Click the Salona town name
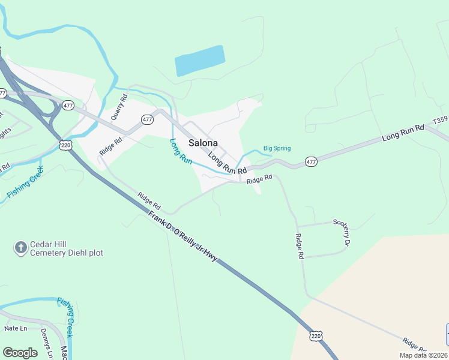pyautogui.click(x=203, y=143)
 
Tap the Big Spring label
pyautogui.click(x=277, y=149)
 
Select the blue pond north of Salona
pyautogui.click(x=199, y=61)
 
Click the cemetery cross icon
pyautogui.click(x=21, y=247)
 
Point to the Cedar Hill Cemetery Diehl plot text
pyautogui.click(x=66, y=248)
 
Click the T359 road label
pyautogui.click(x=441, y=120)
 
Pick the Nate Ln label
pyautogui.click(x=16, y=328)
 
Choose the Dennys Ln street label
pyautogui.click(x=46, y=342)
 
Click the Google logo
pyautogui.click(x=20, y=353)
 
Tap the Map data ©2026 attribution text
pyautogui.click(x=423, y=355)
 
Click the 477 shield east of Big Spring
pyautogui.click(x=311, y=162)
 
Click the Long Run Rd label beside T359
pyautogui.click(x=403, y=133)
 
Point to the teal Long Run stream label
pyautogui.click(x=181, y=152)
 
